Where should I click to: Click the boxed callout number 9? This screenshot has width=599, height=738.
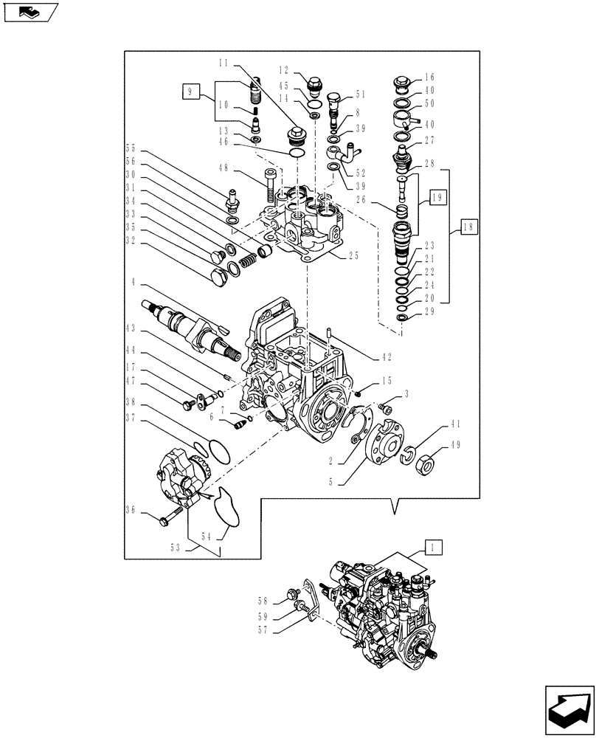190,92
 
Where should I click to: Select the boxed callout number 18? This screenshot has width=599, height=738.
469,227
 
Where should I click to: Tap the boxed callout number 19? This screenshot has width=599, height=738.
436,197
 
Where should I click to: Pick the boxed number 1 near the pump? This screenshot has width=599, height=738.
434,548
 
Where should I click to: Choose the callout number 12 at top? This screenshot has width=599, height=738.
283,70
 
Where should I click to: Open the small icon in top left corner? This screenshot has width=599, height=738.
31,11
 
